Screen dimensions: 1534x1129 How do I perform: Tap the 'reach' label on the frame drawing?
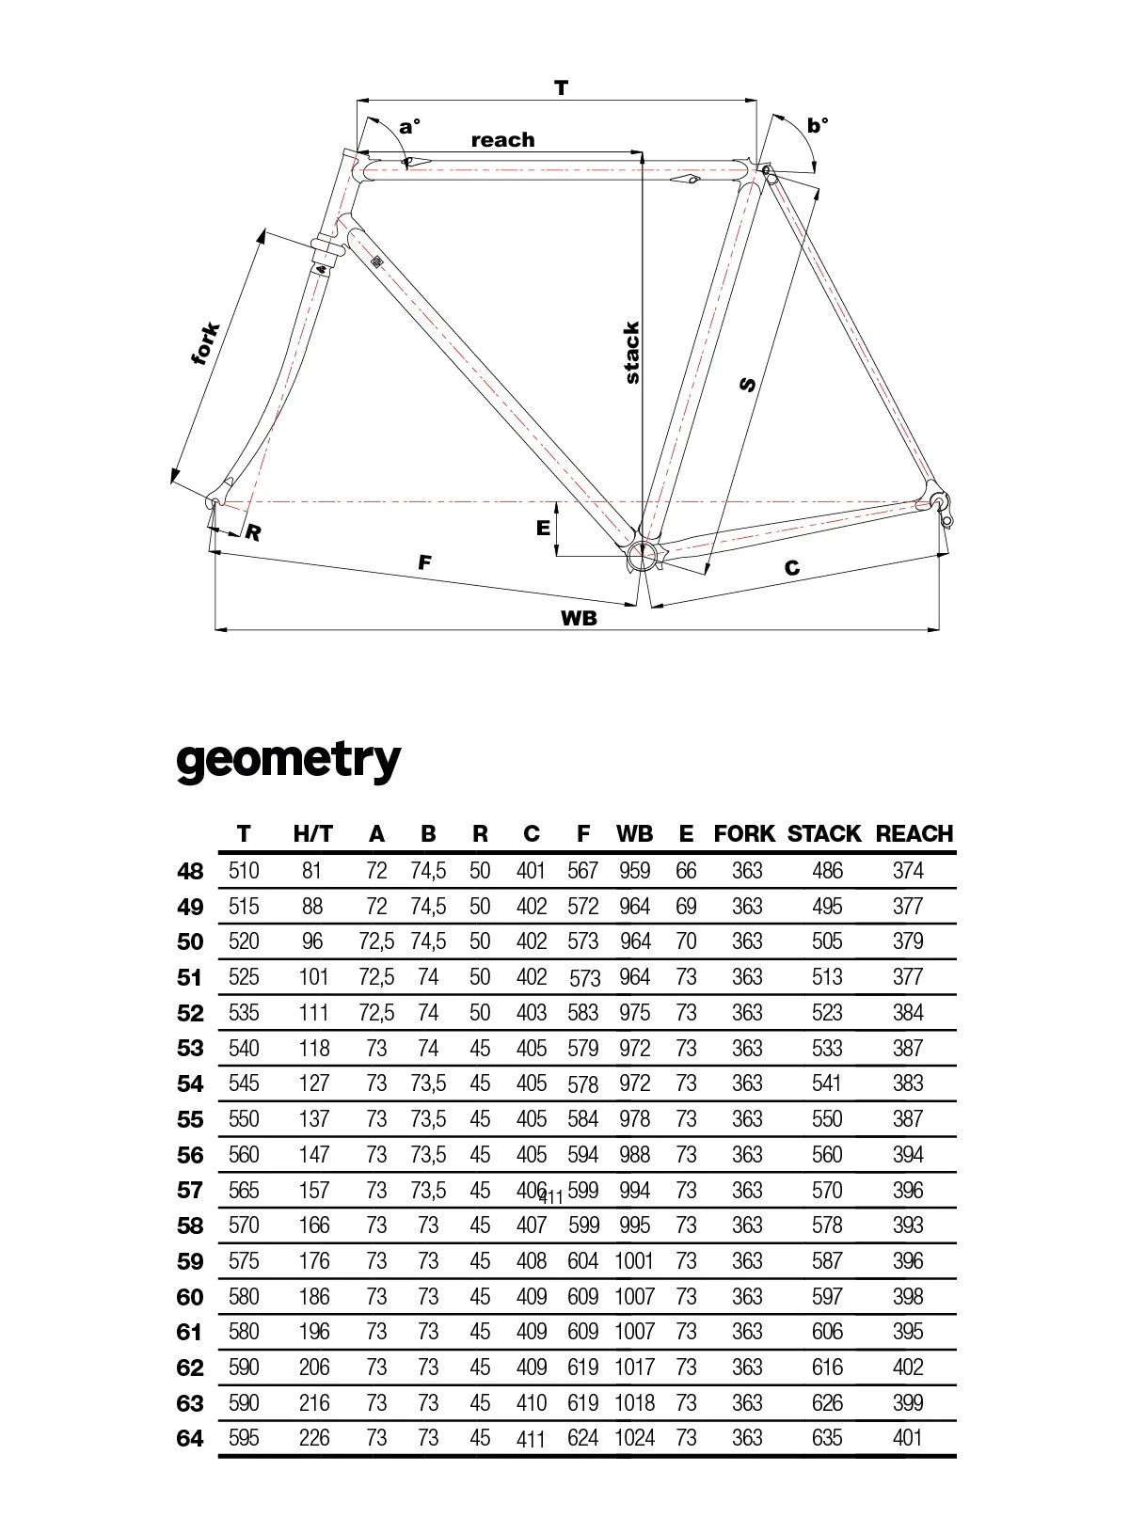pos(502,140)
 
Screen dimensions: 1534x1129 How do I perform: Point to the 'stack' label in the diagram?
pos(632,353)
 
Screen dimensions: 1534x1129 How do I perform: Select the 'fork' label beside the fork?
pos(206,343)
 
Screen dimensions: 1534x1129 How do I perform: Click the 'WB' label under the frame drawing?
pos(579,618)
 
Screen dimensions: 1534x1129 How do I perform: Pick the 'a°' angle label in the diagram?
pos(409,126)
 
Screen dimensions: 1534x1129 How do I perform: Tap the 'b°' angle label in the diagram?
pos(819,125)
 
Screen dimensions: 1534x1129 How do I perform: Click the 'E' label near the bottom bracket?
pos(543,529)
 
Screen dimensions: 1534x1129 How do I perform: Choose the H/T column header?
pos(312,833)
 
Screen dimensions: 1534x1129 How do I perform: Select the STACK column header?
pos(824,833)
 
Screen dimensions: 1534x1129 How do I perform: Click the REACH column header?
pos(914,833)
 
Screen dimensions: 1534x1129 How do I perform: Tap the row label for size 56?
pos(190,1155)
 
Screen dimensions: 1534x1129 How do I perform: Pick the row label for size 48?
pos(190,871)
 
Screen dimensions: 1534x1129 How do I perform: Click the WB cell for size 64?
pos(634,1438)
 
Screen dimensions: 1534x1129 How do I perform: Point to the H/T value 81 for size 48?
pos(312,871)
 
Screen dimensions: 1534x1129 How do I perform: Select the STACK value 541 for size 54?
pos(827,1083)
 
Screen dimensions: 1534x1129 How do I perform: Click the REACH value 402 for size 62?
pos(908,1368)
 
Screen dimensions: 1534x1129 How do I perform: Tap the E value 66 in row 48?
pos(686,871)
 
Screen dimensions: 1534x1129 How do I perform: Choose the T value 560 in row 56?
pos(244,1155)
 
